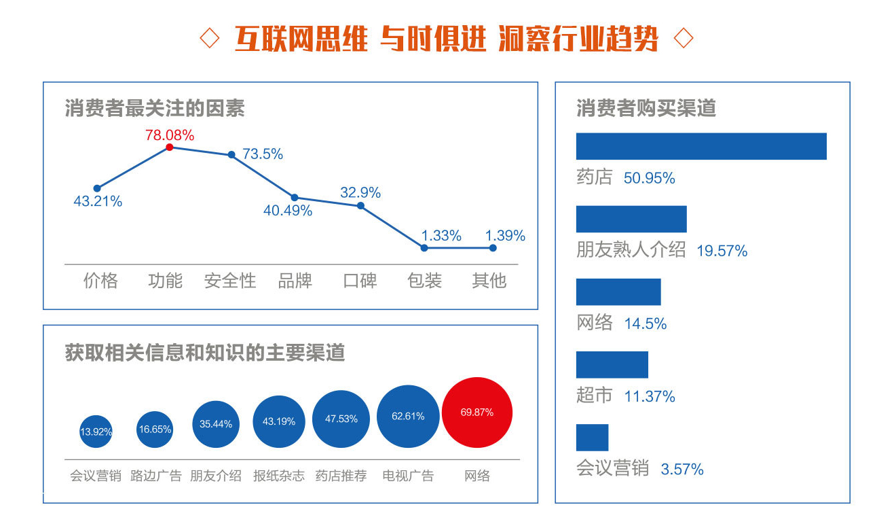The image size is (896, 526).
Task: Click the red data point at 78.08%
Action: point(170,147)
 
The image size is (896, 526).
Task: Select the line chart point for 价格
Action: point(97,188)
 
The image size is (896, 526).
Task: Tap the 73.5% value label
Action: point(263,154)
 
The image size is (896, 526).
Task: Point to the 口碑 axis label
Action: point(360,281)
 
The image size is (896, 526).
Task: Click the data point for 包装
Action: point(424,248)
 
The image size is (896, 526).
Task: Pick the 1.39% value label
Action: point(505,236)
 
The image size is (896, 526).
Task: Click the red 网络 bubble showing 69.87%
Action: point(477,413)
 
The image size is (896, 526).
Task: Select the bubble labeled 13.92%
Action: point(96,432)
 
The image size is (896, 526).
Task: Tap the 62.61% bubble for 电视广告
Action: point(408,417)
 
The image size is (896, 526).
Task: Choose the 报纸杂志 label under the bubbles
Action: point(279,476)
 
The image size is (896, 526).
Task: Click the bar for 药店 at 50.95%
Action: point(701,146)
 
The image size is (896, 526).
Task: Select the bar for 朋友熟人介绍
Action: point(631,219)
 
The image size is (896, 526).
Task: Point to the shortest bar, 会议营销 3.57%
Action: point(592,438)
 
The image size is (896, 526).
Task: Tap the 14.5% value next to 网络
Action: point(646,323)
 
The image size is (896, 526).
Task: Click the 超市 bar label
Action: point(595,396)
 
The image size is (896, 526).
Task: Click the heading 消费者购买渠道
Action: point(646,108)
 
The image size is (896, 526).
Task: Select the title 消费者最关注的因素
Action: point(155,108)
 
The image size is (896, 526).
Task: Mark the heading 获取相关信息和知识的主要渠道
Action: point(205,353)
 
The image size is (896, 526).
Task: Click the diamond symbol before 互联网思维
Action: point(210,39)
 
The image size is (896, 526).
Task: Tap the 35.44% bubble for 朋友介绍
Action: point(216,424)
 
